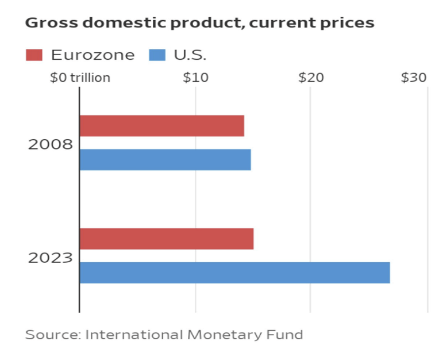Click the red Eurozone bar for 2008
tap(161, 126)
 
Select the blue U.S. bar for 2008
tap(165, 159)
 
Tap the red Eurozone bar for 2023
tap(166, 239)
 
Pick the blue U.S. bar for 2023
tap(234, 273)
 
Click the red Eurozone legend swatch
tap(34, 55)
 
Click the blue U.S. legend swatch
tap(157, 55)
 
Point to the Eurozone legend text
tap(93, 55)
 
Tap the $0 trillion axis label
tap(80, 78)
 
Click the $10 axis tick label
tap(195, 78)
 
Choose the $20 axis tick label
tap(310, 78)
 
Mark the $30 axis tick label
tap(414, 78)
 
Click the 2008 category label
tap(51, 144)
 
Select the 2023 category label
tap(51, 257)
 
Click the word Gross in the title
tap(47, 23)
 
